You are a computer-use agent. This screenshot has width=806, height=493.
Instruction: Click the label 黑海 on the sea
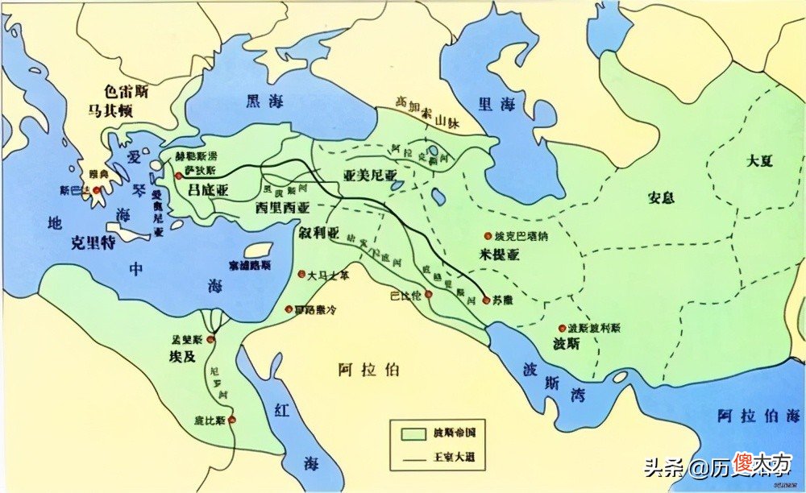[x=264, y=100]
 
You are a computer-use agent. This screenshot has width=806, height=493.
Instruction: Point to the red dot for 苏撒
[x=486, y=300]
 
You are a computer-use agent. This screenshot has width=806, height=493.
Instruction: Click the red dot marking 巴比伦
[x=429, y=295]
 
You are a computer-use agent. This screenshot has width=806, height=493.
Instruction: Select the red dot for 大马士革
[x=302, y=274]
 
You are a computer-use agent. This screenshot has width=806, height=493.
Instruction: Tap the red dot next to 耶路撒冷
[x=289, y=309]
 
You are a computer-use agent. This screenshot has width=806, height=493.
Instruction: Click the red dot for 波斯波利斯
[x=562, y=328]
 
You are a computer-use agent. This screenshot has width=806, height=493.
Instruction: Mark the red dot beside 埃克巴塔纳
[x=488, y=235]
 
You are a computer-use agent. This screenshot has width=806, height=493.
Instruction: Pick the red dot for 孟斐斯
[x=210, y=341]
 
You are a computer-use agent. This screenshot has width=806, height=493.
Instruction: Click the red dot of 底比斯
[x=232, y=420]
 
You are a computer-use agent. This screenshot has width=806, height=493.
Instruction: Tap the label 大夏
[x=759, y=160]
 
